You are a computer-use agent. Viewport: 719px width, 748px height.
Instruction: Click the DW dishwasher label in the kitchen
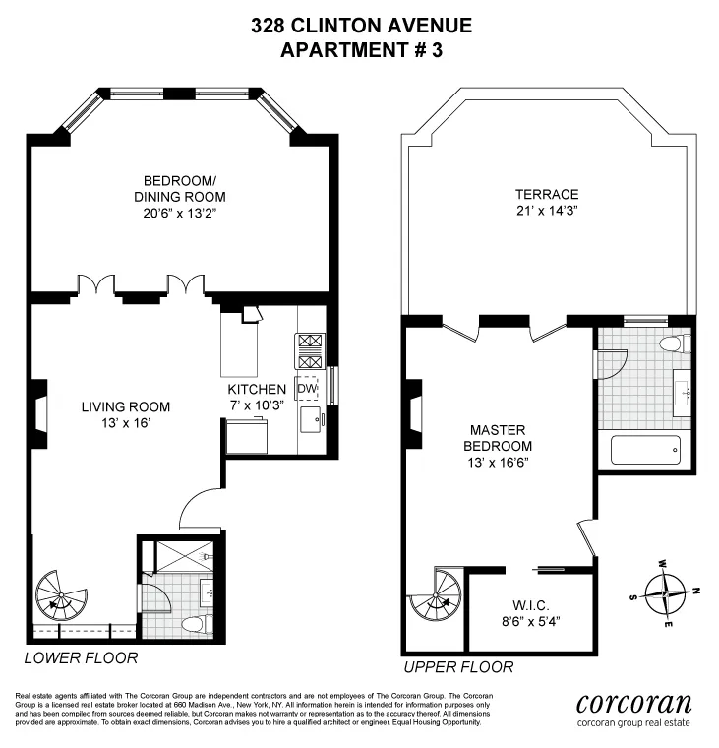[307, 389]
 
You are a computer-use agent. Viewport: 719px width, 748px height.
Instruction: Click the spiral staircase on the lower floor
[58, 594]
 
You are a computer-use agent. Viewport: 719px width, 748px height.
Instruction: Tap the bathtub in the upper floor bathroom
[645, 451]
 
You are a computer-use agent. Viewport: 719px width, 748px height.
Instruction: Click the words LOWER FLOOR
[81, 657]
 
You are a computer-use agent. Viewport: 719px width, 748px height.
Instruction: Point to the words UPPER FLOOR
[457, 667]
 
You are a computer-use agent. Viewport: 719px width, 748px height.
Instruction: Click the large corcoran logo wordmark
[633, 703]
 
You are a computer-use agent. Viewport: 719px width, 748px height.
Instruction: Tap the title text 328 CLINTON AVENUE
[361, 26]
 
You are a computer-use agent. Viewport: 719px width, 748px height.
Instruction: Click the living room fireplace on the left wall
[36, 414]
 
